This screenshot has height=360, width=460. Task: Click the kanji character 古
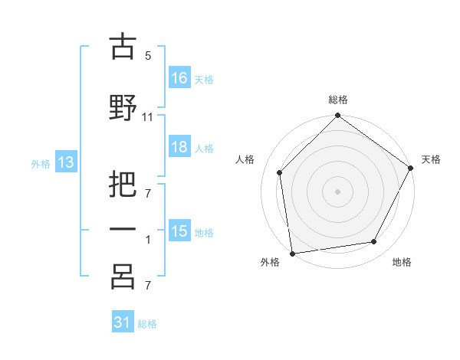(x=123, y=48)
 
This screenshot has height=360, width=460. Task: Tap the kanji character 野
(x=123, y=108)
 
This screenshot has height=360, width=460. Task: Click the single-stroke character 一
(x=123, y=231)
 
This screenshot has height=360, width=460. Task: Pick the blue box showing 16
(x=179, y=78)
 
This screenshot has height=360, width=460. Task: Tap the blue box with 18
(x=179, y=148)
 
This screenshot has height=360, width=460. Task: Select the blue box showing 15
(x=179, y=231)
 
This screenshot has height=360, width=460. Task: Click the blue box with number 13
(x=65, y=162)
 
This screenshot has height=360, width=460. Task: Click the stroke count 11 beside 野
(x=148, y=116)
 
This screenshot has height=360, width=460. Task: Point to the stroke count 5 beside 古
(x=148, y=56)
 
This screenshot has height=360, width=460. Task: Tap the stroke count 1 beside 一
(x=148, y=239)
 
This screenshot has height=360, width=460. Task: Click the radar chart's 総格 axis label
(x=337, y=100)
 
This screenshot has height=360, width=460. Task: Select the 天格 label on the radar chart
(x=431, y=159)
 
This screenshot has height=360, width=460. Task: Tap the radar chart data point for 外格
(x=292, y=253)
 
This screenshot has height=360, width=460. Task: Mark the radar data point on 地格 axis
(x=374, y=241)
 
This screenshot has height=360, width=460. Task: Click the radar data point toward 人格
(x=280, y=172)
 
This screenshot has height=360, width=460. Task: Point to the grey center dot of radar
(x=337, y=191)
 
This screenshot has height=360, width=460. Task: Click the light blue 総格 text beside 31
(x=147, y=324)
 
